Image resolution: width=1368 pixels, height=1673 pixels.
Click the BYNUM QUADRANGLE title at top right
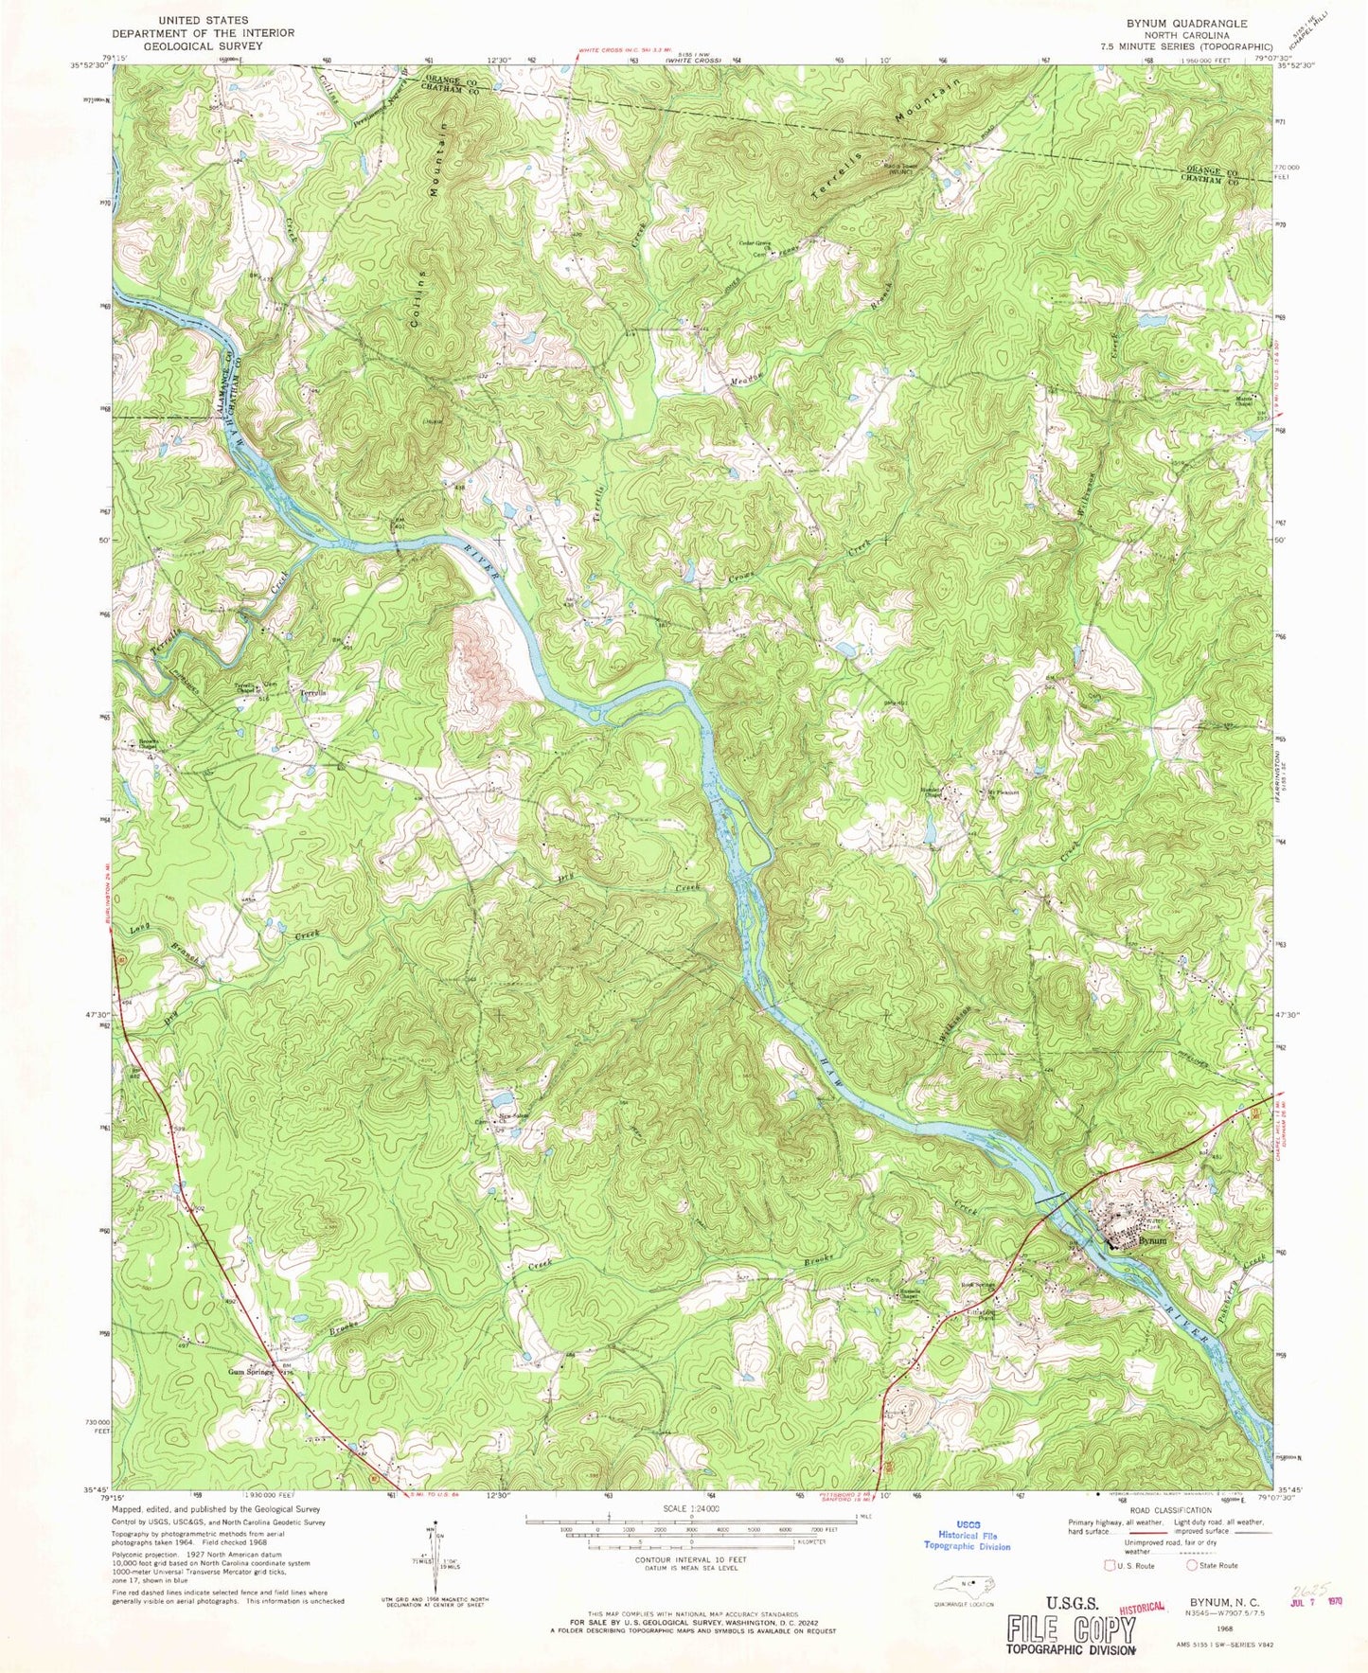pos(1195,22)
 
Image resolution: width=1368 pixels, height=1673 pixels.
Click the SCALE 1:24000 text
pos(692,1511)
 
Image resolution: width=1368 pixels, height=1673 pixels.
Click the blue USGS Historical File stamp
pos(967,1540)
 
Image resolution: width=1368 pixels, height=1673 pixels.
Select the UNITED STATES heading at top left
pos(204,19)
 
